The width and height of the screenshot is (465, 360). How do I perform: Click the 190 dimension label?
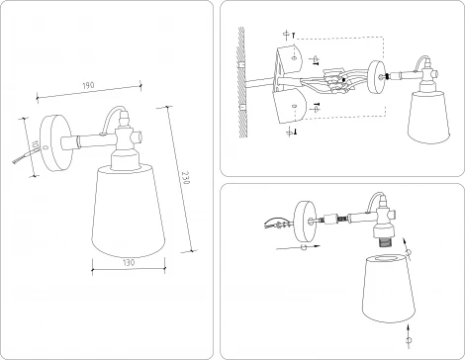(x=89, y=87)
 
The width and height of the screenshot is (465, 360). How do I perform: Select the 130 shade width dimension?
(x=126, y=263)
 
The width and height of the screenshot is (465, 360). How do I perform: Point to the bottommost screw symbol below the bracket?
(x=292, y=130)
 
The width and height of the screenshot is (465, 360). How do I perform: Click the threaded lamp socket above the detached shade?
(x=381, y=239)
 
